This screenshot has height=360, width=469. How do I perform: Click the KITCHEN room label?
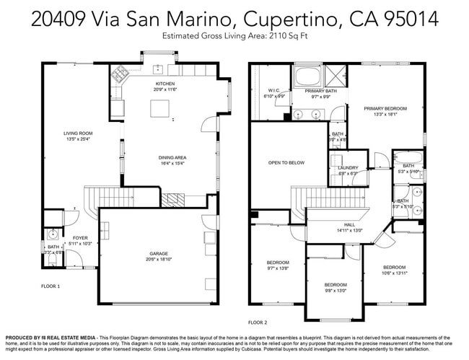[x=165, y=84]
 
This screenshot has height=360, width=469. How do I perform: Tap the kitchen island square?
[x=159, y=108]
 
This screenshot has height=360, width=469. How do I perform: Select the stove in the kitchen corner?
[x=118, y=76]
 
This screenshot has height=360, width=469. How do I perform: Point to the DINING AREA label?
[x=173, y=157]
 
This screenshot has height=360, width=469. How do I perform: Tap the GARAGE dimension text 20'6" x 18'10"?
[x=159, y=260]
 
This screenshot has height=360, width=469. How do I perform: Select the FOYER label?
[x=79, y=237]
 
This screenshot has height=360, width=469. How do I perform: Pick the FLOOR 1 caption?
[x=51, y=286]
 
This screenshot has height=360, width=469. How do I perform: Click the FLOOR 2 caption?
[x=258, y=322]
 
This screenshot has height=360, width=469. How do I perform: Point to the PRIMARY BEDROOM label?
[x=385, y=108]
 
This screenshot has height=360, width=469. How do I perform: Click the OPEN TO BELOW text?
[x=286, y=162]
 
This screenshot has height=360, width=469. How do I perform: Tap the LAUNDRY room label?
[x=348, y=167]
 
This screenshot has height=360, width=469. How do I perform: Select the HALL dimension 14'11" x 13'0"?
[x=349, y=230]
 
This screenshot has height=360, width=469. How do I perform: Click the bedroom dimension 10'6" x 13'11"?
[x=395, y=273]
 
